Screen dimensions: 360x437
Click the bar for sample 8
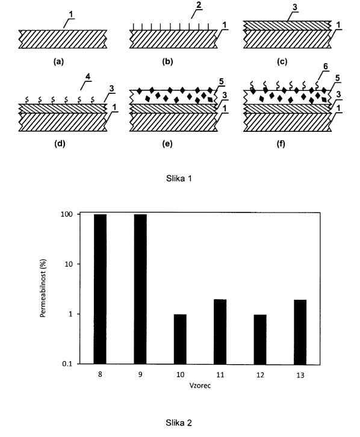tap(100, 289)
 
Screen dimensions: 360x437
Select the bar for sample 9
tap(140, 289)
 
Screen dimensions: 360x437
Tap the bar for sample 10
tap(180, 339)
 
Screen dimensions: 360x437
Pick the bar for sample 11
tap(220, 332)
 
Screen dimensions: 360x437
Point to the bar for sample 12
tap(260, 339)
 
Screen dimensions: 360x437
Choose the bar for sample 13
tap(300, 332)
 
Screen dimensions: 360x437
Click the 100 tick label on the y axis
tap(67, 214)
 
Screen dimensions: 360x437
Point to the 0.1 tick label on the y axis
tap(67, 364)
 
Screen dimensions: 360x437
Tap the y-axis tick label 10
tap(69, 264)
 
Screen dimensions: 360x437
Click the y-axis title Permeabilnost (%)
tap(43, 288)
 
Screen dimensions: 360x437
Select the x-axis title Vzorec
tap(200, 385)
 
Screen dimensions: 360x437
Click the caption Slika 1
tap(179, 178)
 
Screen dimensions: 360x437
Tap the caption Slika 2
tap(179, 423)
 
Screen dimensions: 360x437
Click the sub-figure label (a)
tap(58, 61)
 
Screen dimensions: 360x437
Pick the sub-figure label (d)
tap(60, 144)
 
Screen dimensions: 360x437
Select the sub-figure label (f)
tap(281, 144)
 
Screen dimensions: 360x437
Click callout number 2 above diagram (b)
tap(199, 5)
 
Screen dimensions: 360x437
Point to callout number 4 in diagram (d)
tap(88, 76)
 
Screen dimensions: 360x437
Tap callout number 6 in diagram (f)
tap(325, 67)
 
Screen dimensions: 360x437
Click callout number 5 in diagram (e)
tap(222, 82)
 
